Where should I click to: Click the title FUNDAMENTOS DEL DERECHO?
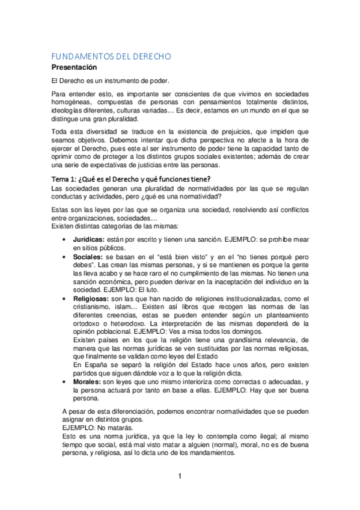pos(111,56)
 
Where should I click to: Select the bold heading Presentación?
pos(78,67)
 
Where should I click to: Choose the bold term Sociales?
pos(87,256)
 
